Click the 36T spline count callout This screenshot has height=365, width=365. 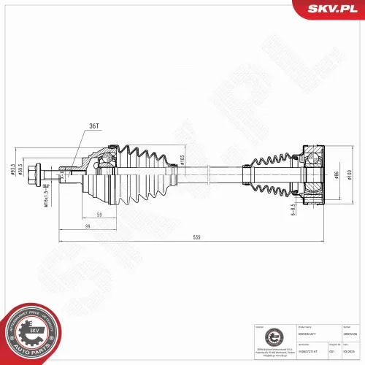pos(94,125)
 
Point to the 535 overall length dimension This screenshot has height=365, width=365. pos(195,238)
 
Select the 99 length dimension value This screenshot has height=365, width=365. pos(87,227)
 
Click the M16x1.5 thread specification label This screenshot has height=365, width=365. pos(45,195)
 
